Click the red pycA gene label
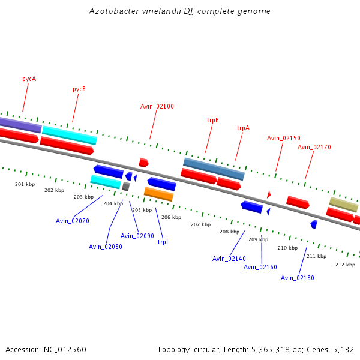point(29,79)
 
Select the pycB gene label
point(79,89)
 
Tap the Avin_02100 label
point(157,106)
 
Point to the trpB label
point(213,120)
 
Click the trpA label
point(243,128)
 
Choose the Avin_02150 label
point(284,138)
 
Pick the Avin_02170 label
point(314,147)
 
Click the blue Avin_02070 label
point(73,221)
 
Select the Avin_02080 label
point(106,247)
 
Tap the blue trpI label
point(163,242)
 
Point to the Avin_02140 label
point(229,259)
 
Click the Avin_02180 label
point(298,278)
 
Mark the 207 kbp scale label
point(200,224)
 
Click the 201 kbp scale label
point(25,184)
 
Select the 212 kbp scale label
point(345,265)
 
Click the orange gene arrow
point(158,194)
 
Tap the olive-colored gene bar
point(343,204)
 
